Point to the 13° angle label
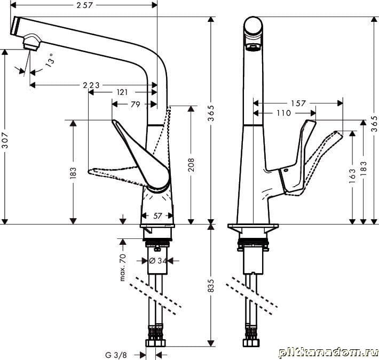click(50, 60)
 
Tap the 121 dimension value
click(122, 92)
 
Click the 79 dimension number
click(135, 105)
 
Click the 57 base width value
click(157, 216)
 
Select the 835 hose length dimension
click(211, 286)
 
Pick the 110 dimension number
click(284, 113)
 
